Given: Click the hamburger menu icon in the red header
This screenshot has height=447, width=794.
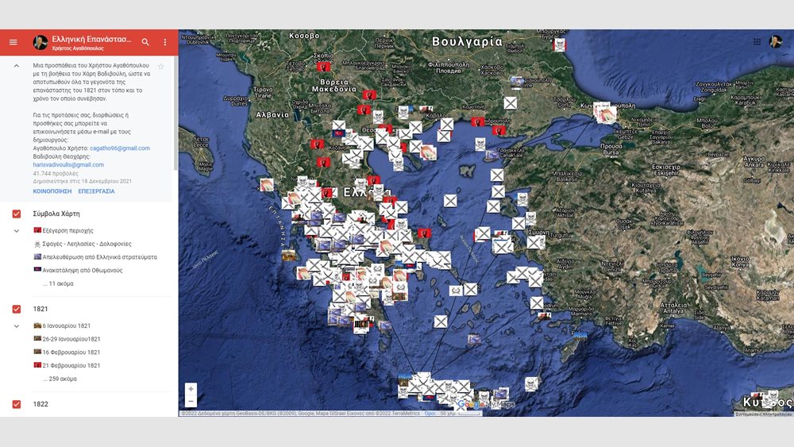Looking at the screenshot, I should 13,42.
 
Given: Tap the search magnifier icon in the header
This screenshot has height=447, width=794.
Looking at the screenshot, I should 145,42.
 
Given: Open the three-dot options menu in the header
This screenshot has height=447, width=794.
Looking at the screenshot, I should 165,42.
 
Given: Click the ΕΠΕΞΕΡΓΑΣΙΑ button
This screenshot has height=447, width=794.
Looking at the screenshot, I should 96,191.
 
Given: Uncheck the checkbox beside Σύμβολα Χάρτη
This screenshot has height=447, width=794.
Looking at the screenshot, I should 16,214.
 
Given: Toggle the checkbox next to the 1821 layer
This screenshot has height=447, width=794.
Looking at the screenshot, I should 16,309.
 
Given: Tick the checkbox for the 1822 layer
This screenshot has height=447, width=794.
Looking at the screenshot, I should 16,404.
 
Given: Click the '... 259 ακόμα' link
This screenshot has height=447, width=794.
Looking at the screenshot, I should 60,379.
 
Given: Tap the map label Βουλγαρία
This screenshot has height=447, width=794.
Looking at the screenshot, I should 467,41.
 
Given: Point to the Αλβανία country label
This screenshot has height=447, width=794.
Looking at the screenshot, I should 272,114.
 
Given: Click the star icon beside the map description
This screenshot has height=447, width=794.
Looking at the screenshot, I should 161,67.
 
